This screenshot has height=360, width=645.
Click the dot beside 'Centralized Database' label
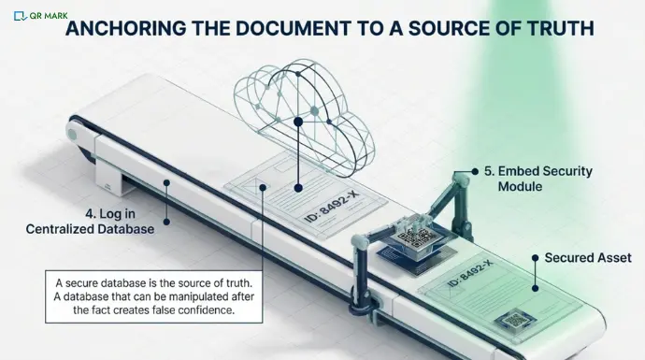tap(165, 222)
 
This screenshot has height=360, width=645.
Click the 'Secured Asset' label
tap(587, 257)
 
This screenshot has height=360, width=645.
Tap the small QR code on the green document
tap(511, 322)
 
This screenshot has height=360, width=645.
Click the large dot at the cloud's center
tap(297, 122)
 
